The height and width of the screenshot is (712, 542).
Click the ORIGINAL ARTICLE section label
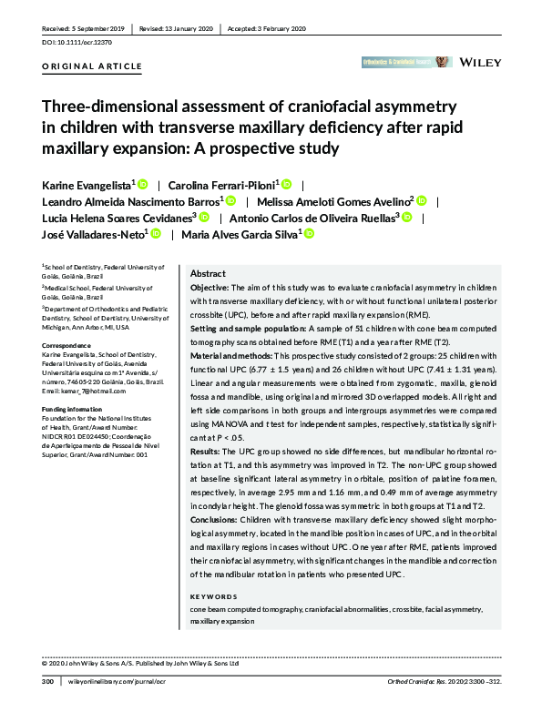pos(92,66)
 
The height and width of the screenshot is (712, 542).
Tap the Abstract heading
pos(208,274)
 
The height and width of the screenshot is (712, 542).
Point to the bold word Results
pos(206,451)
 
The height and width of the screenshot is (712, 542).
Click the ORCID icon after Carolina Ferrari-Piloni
pos(286,185)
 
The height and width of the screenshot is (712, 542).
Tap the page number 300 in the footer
pos(48,679)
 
